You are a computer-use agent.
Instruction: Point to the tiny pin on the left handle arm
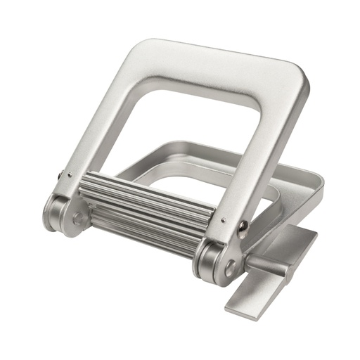pos(61,176)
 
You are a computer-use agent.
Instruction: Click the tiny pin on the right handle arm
pos(223,219)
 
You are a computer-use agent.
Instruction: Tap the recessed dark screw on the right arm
pos(243,226)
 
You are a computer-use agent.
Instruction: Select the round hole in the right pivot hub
pos(230,266)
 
